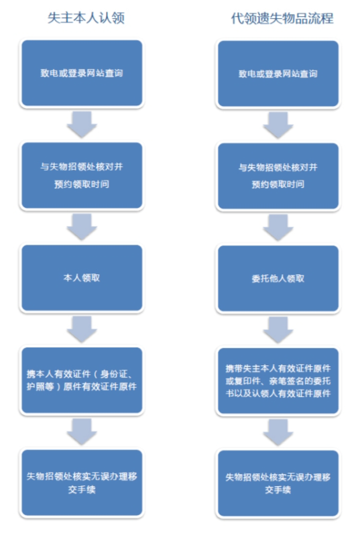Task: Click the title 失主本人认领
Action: point(86,17)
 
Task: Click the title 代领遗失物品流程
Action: point(282,18)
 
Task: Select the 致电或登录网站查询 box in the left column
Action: point(82,73)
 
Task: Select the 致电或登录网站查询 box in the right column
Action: point(278,74)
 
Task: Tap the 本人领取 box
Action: point(82,278)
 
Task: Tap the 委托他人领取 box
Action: point(278,278)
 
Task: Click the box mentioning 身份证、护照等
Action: point(82,380)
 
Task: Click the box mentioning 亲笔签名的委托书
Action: point(278,381)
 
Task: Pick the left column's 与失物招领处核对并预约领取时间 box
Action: point(82,176)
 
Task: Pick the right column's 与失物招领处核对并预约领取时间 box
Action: point(278,176)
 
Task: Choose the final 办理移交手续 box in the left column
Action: point(82,483)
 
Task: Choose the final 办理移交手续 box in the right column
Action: point(278,483)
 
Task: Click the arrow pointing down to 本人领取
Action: point(82,227)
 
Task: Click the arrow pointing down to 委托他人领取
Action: point(278,227)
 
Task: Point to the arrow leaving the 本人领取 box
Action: point(82,329)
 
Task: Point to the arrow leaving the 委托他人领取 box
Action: point(278,330)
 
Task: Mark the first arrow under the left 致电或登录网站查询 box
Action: point(82,125)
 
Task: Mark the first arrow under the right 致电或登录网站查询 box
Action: point(278,125)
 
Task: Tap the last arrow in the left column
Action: point(82,432)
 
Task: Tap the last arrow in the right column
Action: point(278,432)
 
